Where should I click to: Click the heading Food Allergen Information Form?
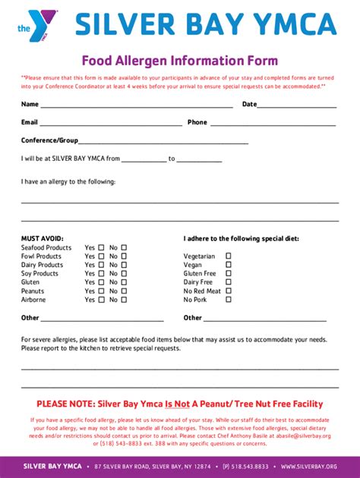click(x=180, y=61)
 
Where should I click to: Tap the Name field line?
click(x=137, y=106)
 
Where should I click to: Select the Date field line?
click(x=298, y=106)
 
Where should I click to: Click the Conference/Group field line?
click(x=163, y=143)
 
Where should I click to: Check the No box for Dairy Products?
click(x=124, y=265)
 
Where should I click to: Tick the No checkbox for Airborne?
click(x=124, y=300)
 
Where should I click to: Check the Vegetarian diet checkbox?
click(x=229, y=256)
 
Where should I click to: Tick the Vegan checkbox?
click(x=229, y=265)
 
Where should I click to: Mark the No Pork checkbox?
click(x=229, y=300)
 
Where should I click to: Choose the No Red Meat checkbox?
click(x=229, y=291)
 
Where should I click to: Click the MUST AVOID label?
click(x=42, y=238)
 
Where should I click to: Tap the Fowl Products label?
click(x=41, y=256)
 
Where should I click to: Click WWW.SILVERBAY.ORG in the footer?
click(x=309, y=466)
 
